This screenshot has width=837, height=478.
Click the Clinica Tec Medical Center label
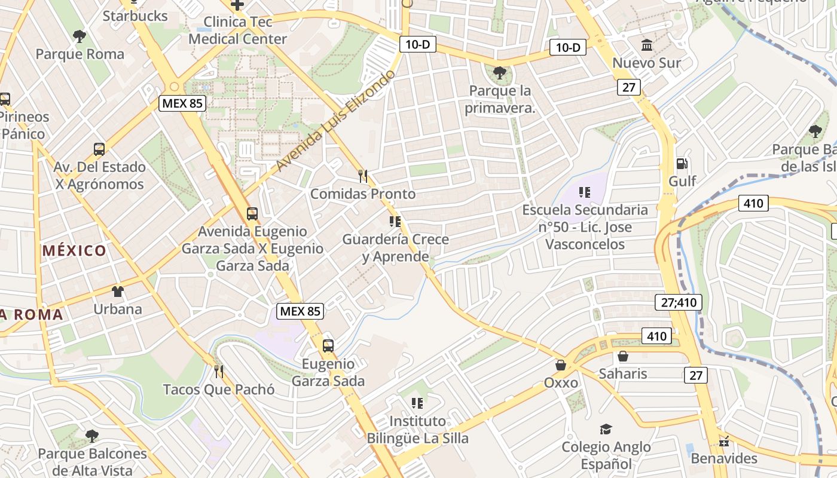coord(238,30)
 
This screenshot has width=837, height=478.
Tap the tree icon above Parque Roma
coord(79,36)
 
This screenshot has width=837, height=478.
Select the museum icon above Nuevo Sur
coord(646,45)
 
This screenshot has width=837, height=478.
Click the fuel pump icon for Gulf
coord(681,164)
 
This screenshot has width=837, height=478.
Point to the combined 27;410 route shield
coord(679,302)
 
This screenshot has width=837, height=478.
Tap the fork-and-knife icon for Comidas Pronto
coord(362,176)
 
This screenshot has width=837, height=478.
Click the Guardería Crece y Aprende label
coord(395,248)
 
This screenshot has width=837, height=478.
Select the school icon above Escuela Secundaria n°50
coord(585,192)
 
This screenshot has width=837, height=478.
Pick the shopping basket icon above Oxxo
coord(561,364)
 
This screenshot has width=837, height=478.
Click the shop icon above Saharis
coord(623,357)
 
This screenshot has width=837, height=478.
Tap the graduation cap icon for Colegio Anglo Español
coord(606,430)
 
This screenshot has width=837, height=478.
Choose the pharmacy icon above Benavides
coord(724,442)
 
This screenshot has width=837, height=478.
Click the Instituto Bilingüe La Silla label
coord(417,430)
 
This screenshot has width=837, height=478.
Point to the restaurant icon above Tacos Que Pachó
coord(219,372)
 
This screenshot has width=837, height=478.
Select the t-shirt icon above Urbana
coord(118,292)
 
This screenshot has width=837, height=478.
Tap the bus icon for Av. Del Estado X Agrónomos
coord(99,149)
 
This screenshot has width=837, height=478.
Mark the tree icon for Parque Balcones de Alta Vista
coord(91,436)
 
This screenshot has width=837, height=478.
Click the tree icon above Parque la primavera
coord(500,73)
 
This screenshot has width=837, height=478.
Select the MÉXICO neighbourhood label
coord(75,251)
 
